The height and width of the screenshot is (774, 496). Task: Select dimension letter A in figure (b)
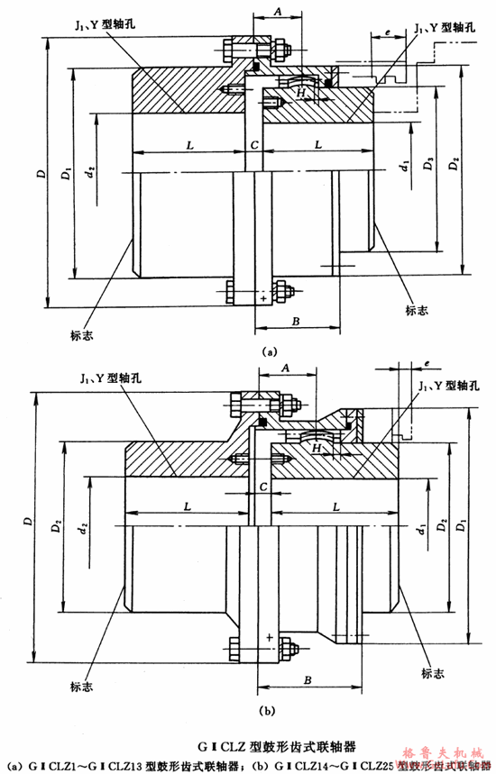(286, 369)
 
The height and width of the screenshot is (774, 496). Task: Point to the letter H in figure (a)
(304, 92)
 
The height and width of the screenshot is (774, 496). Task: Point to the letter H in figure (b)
(316, 448)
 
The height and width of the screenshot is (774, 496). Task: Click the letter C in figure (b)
(262, 487)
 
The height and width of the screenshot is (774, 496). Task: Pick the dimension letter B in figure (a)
(296, 320)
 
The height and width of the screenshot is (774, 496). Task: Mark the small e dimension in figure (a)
(387, 32)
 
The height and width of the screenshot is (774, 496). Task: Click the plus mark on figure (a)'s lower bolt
(263, 297)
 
